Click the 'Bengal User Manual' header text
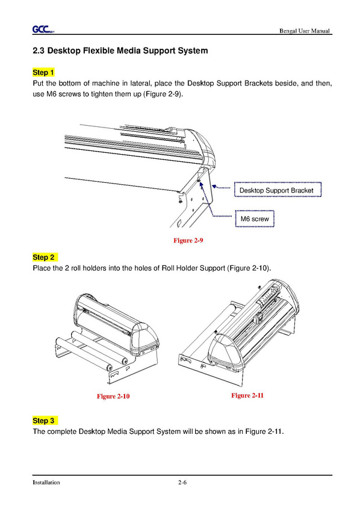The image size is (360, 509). pos(305,31)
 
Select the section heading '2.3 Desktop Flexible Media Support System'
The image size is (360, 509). pos(120,51)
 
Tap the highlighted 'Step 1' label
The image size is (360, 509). pos(43,72)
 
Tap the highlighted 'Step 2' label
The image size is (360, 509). pos(45,258)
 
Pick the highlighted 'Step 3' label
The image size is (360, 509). pos(45,421)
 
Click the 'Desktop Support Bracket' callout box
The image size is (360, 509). pos(278,190)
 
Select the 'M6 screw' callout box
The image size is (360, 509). pos(255,219)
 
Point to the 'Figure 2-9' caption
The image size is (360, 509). pos(188,240)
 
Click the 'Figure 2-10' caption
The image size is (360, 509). pos(113,396)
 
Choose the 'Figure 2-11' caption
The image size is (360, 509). pos(247,395)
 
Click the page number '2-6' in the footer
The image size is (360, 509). pos(182,482)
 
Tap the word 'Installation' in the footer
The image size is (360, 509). pos(46,483)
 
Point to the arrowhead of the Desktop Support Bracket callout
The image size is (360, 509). pos(214,186)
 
